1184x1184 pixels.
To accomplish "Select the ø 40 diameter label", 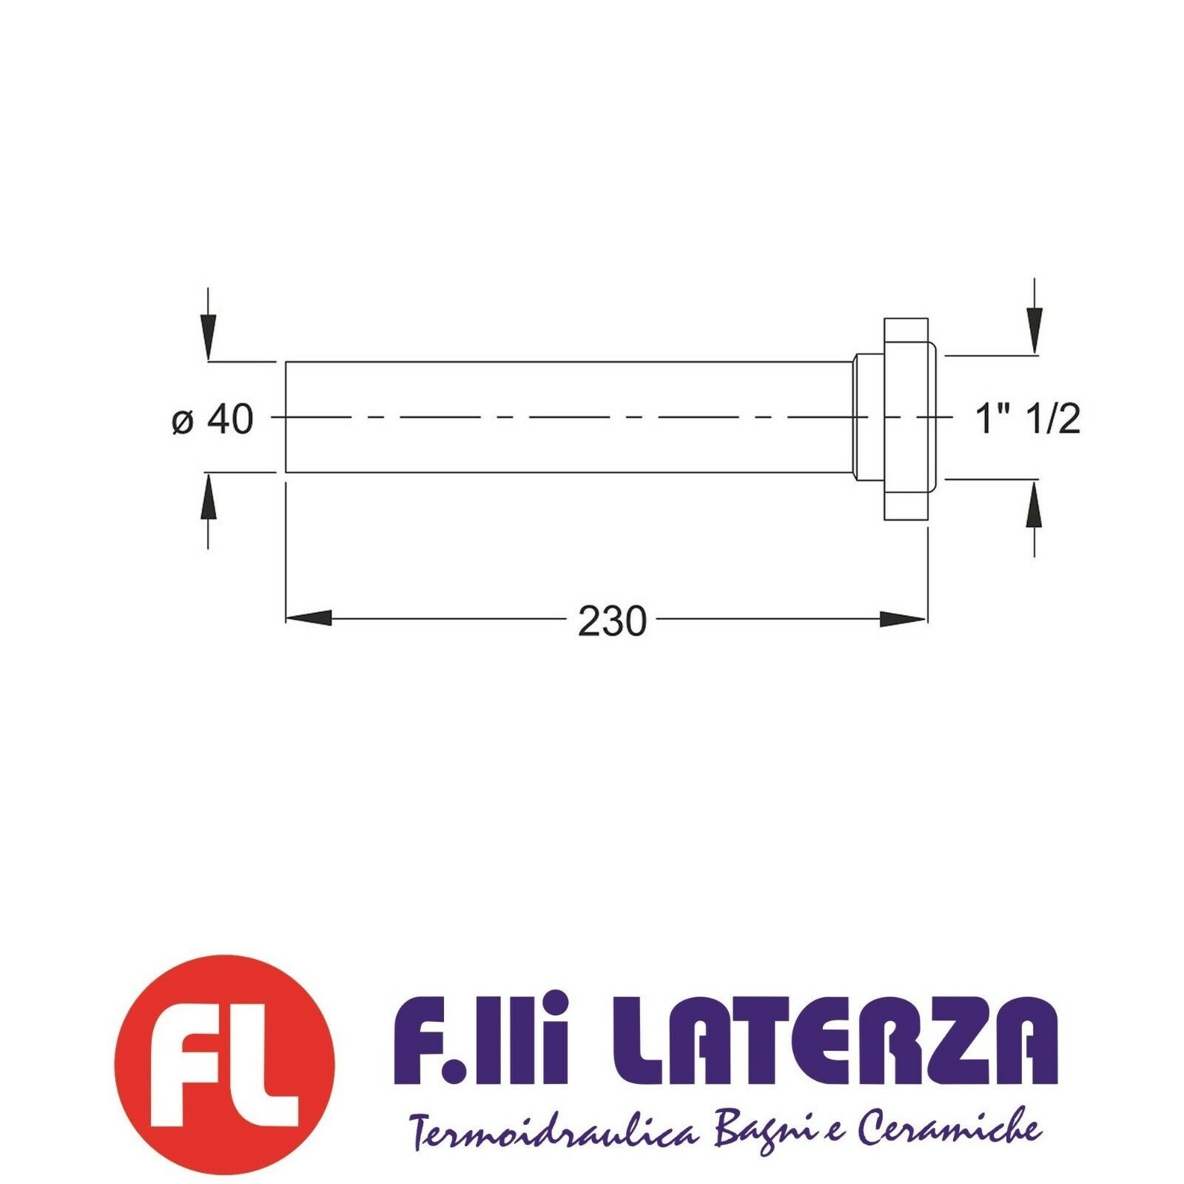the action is pos(212,420).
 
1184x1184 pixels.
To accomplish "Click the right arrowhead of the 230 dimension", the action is pos(904,618).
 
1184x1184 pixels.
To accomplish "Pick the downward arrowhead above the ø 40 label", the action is pos(209,337).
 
